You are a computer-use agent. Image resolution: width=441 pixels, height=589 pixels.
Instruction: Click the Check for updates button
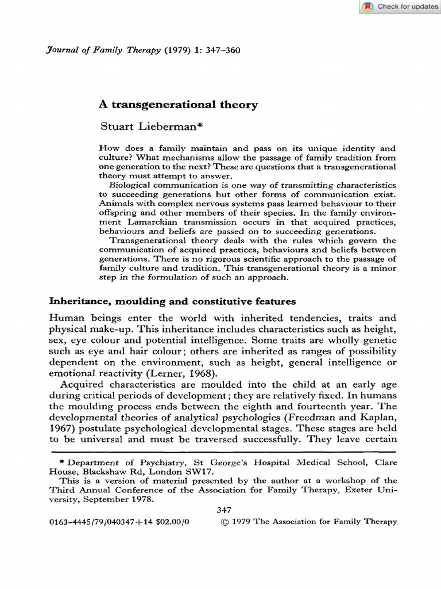tap(400, 7)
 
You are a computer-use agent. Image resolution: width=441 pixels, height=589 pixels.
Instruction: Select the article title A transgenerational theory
tap(179, 105)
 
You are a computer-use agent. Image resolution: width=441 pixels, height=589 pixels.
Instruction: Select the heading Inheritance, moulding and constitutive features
tap(172, 301)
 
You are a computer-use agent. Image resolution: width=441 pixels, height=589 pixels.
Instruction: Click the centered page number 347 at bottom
tap(223, 510)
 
